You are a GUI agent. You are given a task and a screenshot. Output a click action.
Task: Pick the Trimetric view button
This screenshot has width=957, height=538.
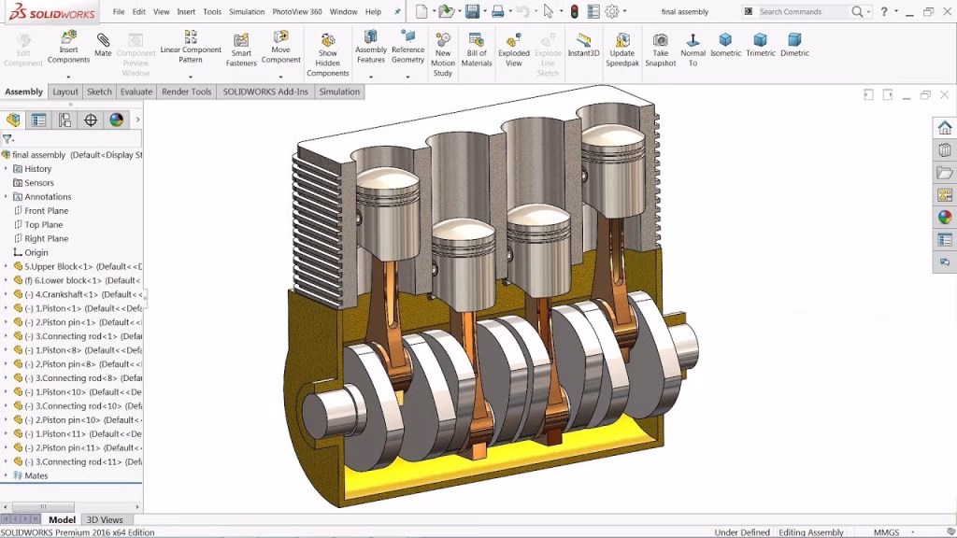pos(760,44)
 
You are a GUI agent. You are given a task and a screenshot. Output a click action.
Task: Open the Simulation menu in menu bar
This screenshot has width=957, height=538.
pos(247,12)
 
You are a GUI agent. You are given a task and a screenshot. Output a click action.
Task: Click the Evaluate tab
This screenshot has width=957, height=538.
pos(136,92)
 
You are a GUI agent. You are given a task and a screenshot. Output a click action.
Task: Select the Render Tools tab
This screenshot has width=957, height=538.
pos(186,92)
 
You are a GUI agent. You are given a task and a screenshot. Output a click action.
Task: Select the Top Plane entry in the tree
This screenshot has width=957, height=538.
pos(44,224)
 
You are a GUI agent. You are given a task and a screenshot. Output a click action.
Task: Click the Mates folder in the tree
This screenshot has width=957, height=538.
pos(36,475)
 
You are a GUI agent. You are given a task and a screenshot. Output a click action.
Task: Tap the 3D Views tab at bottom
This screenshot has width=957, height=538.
pos(105,519)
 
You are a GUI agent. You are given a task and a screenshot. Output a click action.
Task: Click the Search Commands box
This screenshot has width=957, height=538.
pos(802,12)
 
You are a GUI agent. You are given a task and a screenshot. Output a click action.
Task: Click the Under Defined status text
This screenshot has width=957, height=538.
pos(742,532)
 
